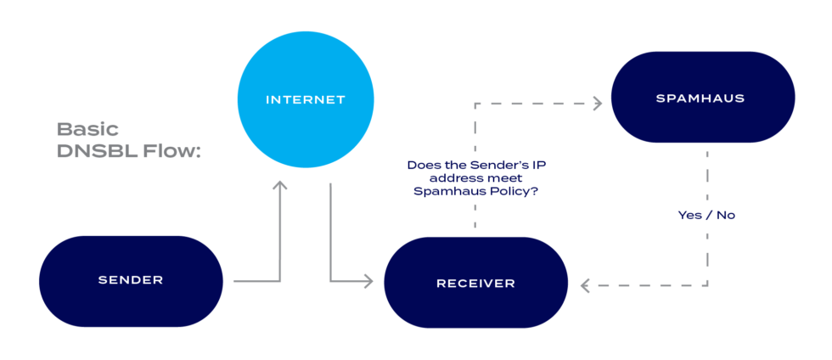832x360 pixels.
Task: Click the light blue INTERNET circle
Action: click(x=306, y=100)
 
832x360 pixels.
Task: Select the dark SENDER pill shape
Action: click(x=131, y=281)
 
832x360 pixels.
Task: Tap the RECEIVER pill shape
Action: click(x=475, y=283)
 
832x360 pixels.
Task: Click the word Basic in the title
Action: click(x=87, y=130)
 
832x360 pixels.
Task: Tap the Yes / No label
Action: click(x=706, y=215)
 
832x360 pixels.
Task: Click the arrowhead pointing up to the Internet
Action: click(x=280, y=186)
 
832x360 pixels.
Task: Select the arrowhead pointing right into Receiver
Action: click(x=368, y=280)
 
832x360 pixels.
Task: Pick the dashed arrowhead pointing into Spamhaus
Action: click(x=596, y=103)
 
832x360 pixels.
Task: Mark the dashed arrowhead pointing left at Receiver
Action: click(x=586, y=285)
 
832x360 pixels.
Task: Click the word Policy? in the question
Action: click(x=513, y=192)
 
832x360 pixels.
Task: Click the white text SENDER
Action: click(x=131, y=279)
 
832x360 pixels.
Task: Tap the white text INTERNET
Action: click(x=306, y=100)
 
